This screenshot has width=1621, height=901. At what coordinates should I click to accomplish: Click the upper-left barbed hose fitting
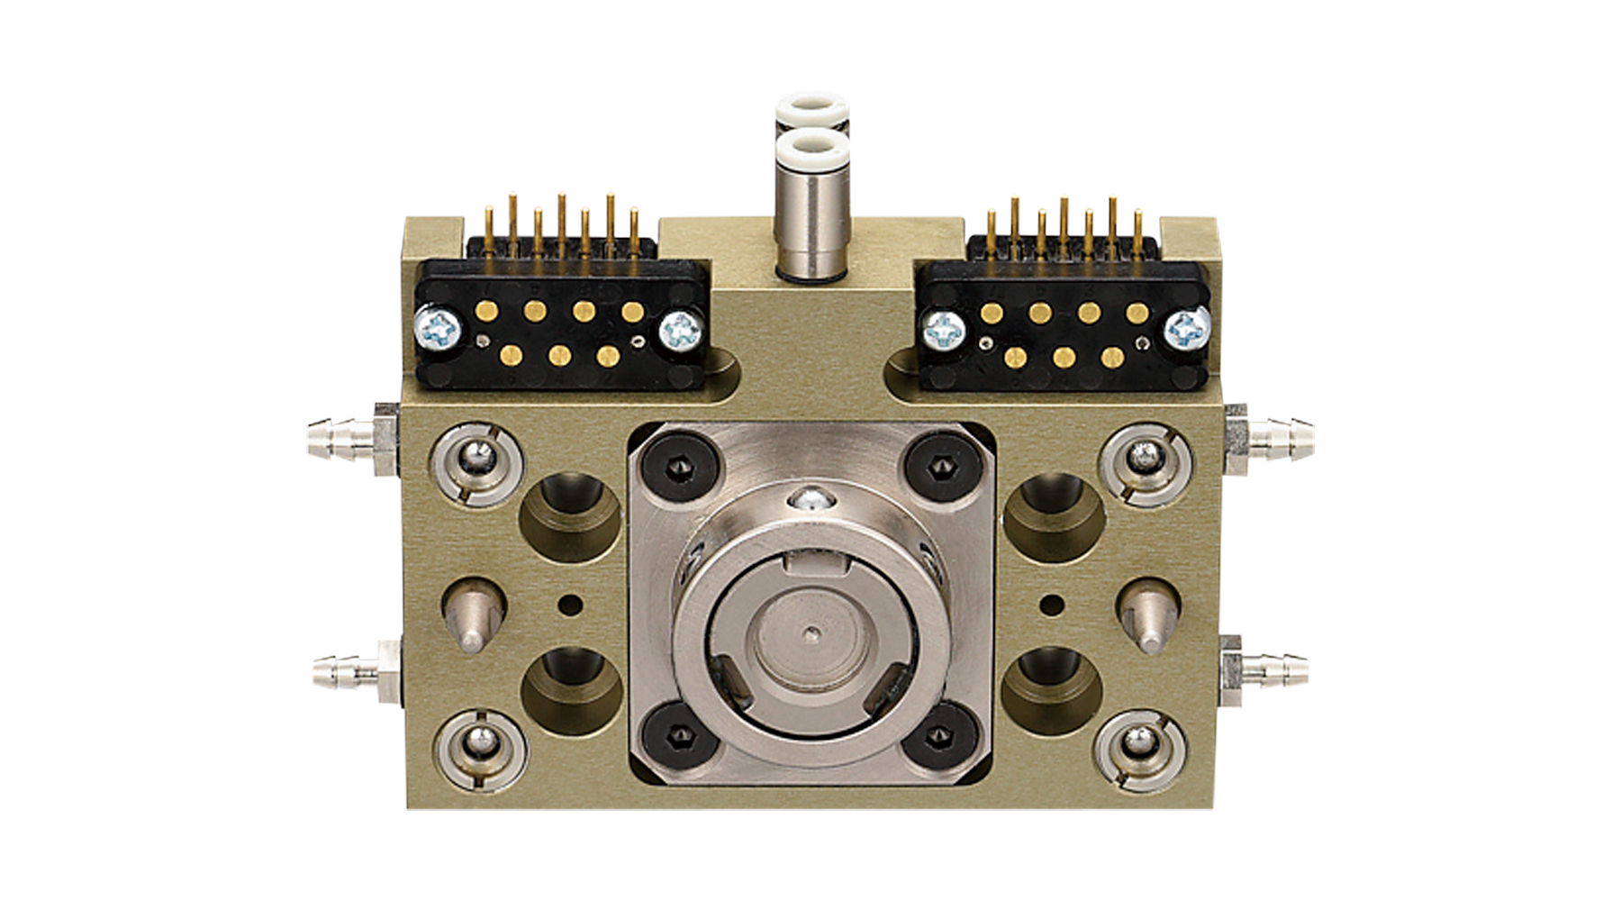click(x=347, y=439)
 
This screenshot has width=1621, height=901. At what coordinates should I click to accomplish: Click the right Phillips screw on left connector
click(x=681, y=331)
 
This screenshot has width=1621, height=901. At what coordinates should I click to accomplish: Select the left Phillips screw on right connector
click(x=942, y=331)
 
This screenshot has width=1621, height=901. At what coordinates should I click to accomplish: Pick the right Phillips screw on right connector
click(x=1187, y=330)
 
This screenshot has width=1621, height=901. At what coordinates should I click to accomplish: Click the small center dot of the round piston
click(x=813, y=633)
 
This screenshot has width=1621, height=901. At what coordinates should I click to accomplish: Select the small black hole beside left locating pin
click(x=569, y=603)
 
